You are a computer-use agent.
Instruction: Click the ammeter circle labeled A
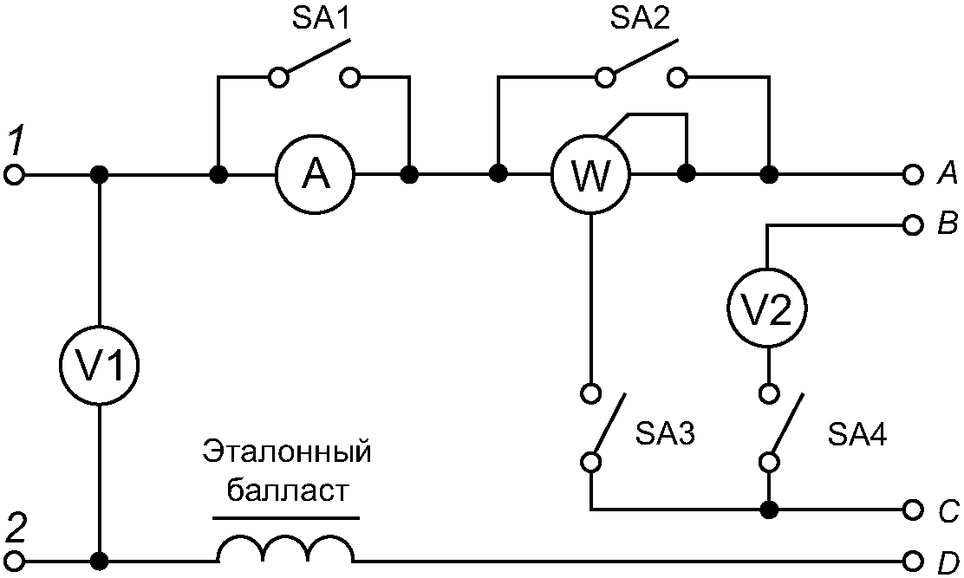click(316, 175)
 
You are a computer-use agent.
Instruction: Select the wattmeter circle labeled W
click(591, 175)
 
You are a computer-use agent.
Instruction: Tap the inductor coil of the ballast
click(285, 549)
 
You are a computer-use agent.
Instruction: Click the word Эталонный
click(287, 451)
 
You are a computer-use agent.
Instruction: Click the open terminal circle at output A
click(911, 175)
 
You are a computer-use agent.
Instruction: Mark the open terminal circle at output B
click(911, 226)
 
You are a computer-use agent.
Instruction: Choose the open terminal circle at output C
click(911, 509)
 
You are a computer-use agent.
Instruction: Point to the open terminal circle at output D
click(911, 559)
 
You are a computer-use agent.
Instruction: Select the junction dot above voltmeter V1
click(100, 175)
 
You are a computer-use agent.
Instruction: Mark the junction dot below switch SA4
click(767, 509)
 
